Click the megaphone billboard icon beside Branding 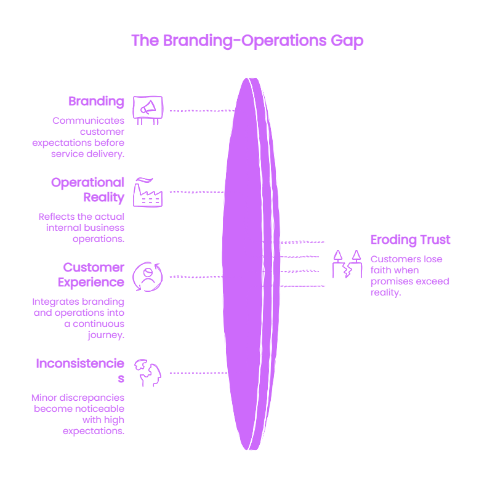148,110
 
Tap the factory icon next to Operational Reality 148,192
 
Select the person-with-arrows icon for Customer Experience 148,276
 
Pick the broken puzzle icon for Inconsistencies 148,373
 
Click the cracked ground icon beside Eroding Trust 347,264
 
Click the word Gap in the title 347,41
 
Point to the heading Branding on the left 96,102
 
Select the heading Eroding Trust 411,239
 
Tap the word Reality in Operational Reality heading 104,197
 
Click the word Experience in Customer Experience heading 91,282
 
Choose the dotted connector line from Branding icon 203,111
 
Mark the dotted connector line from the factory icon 196,192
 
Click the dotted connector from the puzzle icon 199,373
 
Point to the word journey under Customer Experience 106,335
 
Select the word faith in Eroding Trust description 380,270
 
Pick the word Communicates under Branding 89,121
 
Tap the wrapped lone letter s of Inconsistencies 121,379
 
